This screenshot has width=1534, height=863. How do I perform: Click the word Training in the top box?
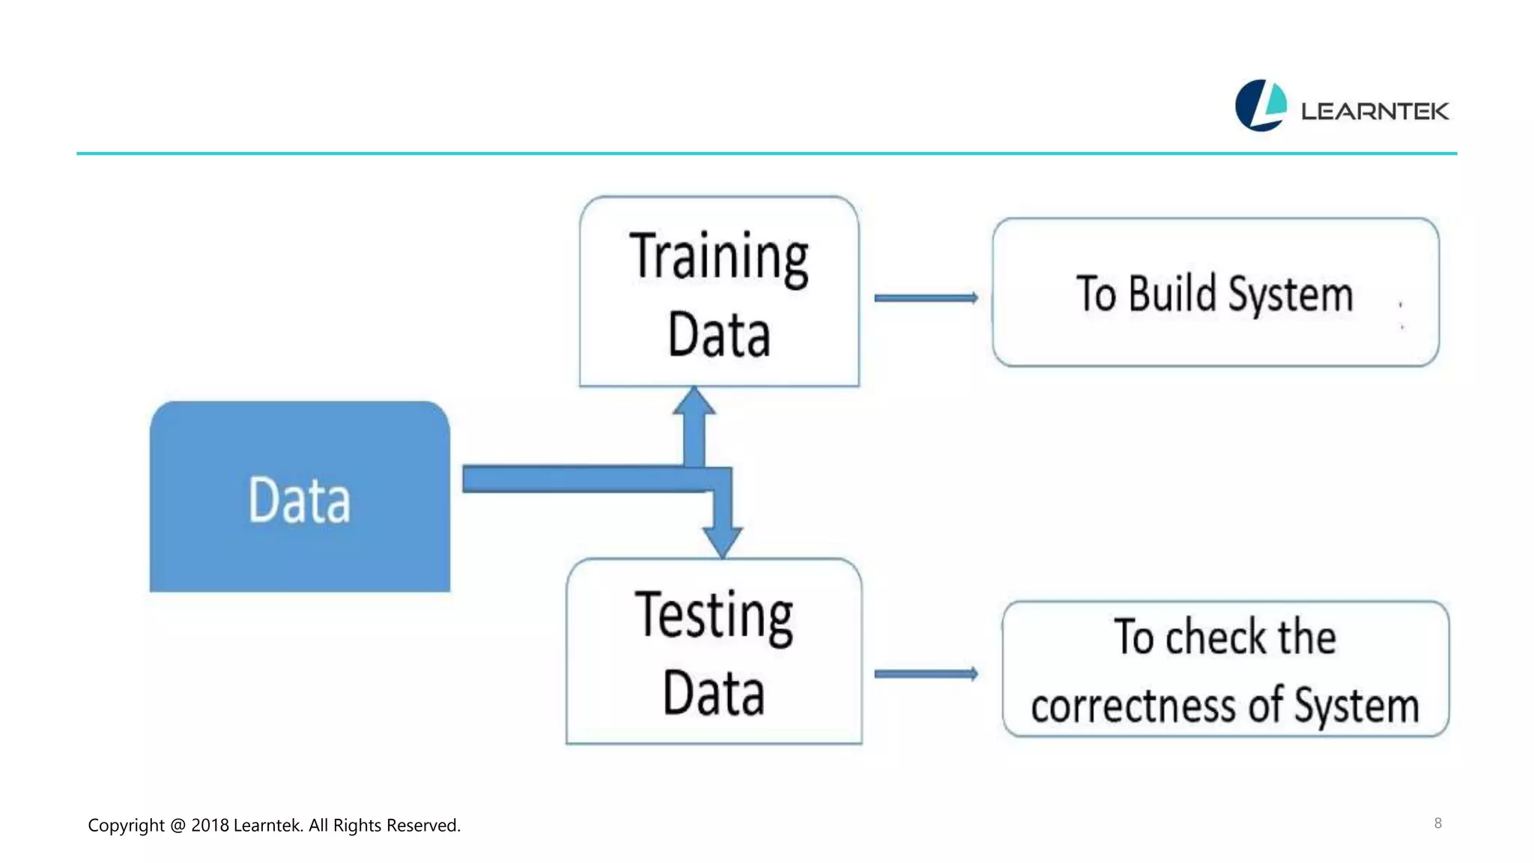(718, 258)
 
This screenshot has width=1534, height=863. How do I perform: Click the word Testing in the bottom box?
(714, 617)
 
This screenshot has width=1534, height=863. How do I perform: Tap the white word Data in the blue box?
(299, 500)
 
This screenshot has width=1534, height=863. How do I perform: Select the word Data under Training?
(718, 335)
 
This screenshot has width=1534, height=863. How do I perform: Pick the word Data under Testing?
(714, 694)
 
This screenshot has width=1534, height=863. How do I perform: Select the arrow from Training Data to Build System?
(926, 298)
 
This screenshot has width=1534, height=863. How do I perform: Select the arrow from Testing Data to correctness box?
(926, 674)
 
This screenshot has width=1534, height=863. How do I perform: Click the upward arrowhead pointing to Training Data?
(694, 403)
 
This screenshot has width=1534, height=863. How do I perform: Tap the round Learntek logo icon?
(1261, 106)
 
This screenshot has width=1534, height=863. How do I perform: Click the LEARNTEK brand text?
(1374, 112)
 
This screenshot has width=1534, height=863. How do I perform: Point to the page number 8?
(1437, 823)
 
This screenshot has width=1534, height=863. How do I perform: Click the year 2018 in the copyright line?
(210, 826)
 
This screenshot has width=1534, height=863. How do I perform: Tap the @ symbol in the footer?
(178, 826)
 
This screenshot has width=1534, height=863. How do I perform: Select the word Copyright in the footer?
(126, 826)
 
